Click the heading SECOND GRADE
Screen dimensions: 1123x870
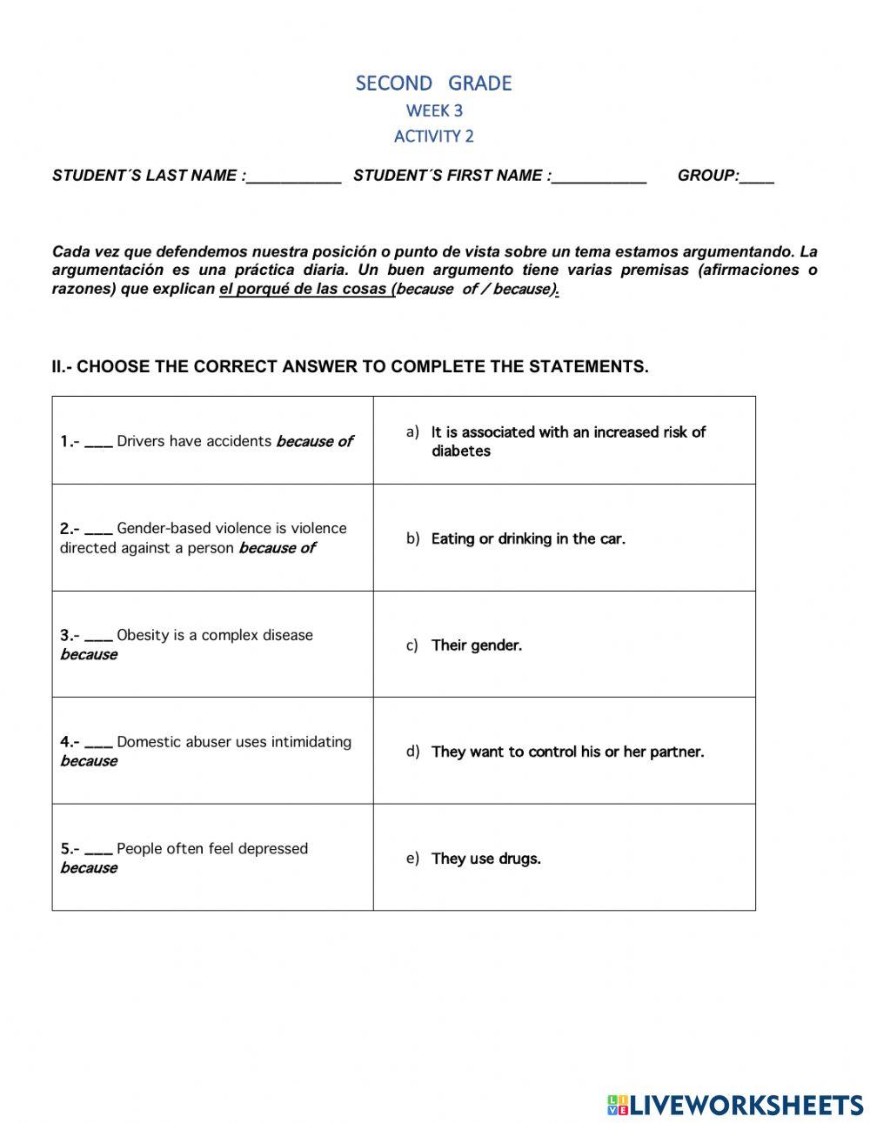pos(433,84)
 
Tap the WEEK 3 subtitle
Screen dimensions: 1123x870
pos(434,110)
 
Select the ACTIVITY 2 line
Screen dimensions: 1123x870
pos(434,136)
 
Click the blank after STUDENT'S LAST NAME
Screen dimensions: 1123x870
pos(294,177)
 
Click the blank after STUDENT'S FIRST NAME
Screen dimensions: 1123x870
pos(599,177)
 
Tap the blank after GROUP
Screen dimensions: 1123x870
pos(757,177)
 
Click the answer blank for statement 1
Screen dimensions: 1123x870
pos(98,443)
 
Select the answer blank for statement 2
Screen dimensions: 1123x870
pos(98,530)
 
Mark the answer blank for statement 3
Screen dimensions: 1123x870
pos(98,637)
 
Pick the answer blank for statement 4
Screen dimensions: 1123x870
pos(98,744)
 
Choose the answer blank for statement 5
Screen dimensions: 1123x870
pos(98,851)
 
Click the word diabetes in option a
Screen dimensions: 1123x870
pos(461,451)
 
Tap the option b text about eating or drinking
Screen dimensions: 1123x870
pos(528,539)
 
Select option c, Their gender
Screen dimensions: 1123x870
pos(477,645)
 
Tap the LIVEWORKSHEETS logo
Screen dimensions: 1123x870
pos(735,1105)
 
